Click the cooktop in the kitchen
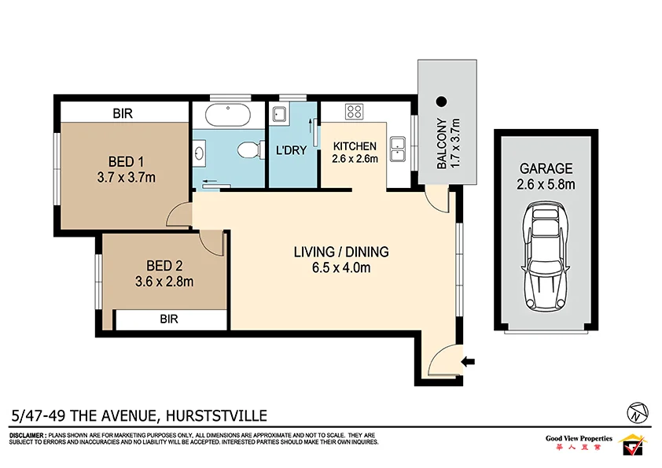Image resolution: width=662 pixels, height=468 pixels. coord(354,112)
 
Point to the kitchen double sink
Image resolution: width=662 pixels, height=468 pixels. coord(398,144)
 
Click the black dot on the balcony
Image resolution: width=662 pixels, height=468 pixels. coord(441,101)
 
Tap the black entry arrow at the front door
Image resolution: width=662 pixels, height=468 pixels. coord(469,362)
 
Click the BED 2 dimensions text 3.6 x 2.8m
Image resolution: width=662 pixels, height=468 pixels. coord(164,281)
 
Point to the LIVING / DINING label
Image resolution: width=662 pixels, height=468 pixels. coord(341,252)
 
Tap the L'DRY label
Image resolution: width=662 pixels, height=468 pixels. coord(290,150)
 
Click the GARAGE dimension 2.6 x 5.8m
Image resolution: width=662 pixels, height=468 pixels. coord(545,185)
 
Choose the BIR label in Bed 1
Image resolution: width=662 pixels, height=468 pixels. coord(122,114)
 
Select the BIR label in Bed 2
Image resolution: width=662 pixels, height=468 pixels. coord(169,319)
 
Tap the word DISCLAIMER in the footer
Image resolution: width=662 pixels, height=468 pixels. coord(27,435)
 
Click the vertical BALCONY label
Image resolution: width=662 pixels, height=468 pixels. coord(442,144)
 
